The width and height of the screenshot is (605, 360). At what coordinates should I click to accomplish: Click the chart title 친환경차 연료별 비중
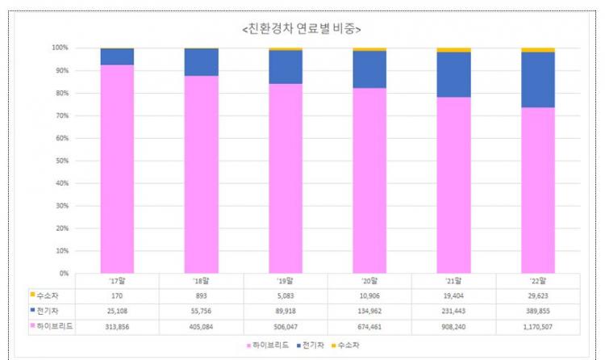point(302,29)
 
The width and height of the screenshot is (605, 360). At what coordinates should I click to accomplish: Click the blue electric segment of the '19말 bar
point(286,66)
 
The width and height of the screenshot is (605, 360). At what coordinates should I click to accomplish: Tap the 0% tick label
point(63,274)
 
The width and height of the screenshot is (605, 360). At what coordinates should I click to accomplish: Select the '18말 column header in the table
point(202,281)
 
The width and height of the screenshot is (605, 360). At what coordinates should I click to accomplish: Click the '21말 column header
point(454,281)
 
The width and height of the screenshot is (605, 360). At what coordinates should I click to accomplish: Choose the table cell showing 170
point(117,295)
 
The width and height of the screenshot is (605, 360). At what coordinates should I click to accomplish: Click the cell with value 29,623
point(538,295)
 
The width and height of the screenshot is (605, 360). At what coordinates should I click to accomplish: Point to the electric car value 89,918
point(286,310)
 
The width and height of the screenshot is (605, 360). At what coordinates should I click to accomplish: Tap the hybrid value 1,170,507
point(538,325)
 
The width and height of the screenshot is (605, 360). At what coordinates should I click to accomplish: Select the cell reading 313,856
point(117,325)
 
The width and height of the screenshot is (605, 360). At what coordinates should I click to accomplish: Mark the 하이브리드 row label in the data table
point(52,325)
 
